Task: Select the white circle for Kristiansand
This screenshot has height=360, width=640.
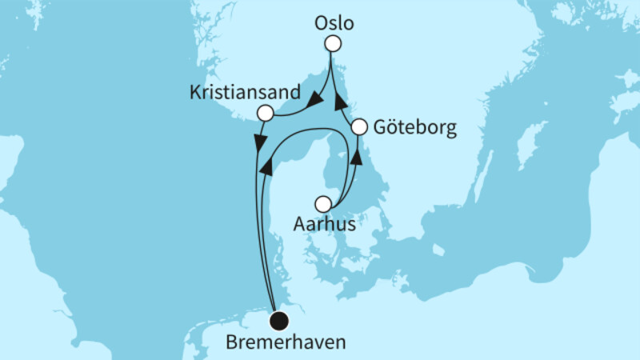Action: point(265,114)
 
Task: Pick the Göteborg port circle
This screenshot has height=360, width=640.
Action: point(359,126)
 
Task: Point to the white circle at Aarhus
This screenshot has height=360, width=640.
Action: point(322,203)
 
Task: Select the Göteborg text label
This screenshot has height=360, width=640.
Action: point(415,128)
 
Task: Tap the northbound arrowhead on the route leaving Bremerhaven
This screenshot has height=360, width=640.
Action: point(266,164)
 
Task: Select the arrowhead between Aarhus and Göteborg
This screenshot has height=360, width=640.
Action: point(357,154)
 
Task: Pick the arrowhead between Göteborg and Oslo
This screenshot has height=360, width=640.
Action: point(339,101)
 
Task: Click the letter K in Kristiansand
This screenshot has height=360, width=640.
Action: point(194,93)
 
